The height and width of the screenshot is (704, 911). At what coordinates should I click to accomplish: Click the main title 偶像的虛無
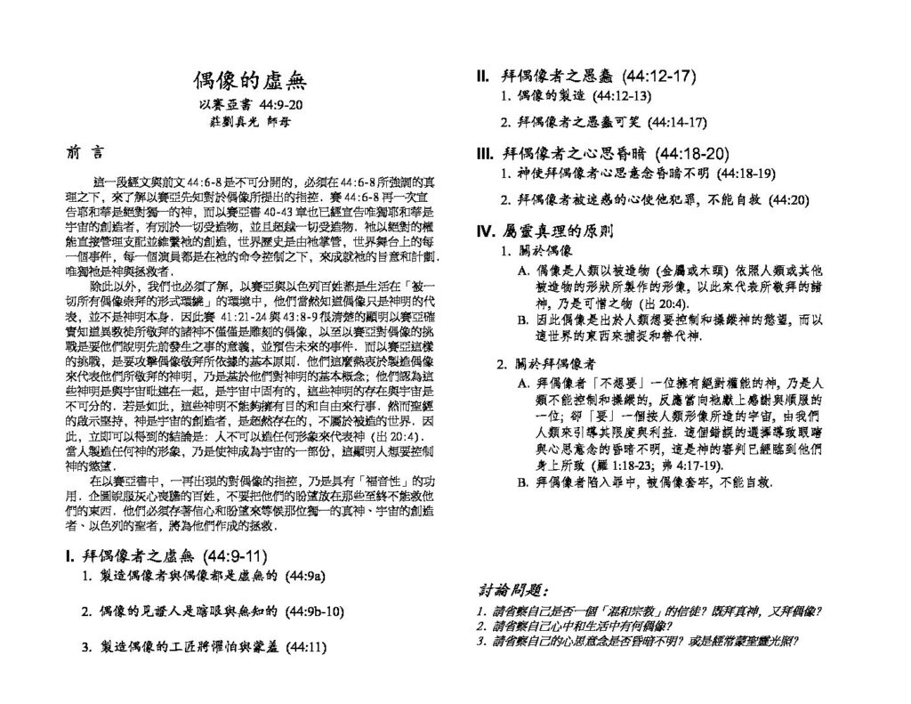[x=250, y=81]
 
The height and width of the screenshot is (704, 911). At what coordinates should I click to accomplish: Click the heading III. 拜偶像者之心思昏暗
[x=603, y=152]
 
